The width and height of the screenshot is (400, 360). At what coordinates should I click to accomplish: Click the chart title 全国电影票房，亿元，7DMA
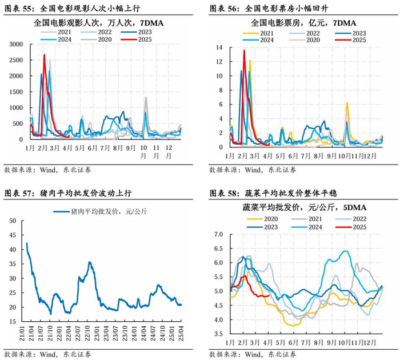coord(302,23)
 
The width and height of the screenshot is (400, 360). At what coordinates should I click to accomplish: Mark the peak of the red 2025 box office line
coord(244,51)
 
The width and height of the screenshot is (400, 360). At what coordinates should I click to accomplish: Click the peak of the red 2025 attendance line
coord(44,55)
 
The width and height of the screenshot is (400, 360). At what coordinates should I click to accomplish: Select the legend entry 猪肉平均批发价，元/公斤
coord(100,212)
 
